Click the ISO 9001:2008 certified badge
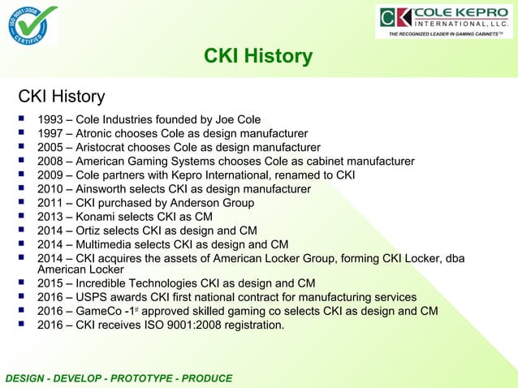(x=32, y=25)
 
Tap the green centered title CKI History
(x=258, y=56)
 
